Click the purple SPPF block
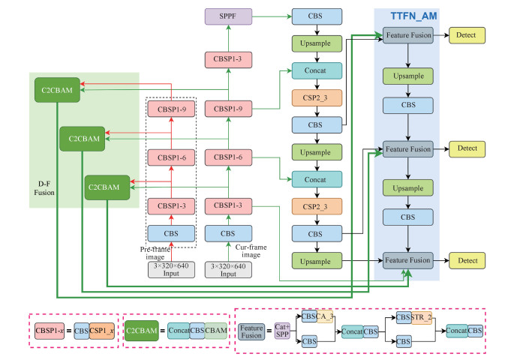[227, 16]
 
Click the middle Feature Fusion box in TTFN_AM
[408, 149]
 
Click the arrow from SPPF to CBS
[272, 16]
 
